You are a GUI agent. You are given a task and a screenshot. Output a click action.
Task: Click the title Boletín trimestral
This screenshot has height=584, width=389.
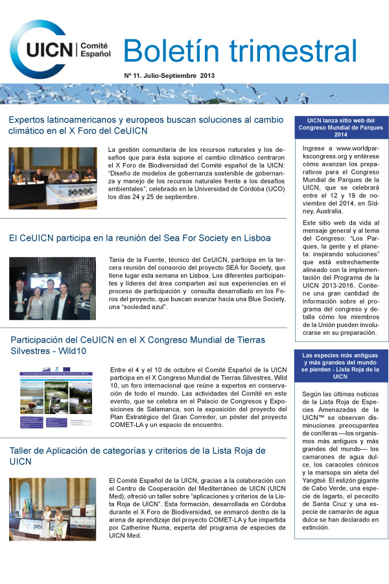coord(239,50)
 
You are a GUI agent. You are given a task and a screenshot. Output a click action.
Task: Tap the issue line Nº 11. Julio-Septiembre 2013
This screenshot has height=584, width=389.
coord(169,76)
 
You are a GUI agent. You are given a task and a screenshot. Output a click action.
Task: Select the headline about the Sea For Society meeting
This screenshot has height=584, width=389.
coord(139,238)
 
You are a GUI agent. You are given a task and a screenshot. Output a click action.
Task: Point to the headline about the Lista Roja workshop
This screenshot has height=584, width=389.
coord(137,456)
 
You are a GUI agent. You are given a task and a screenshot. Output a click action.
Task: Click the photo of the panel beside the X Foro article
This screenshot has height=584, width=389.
coord(53,178)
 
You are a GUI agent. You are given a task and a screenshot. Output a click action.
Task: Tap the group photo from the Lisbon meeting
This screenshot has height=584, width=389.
coord(53,288)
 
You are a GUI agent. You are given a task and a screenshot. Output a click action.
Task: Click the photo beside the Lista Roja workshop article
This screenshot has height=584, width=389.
coord(53,509)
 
